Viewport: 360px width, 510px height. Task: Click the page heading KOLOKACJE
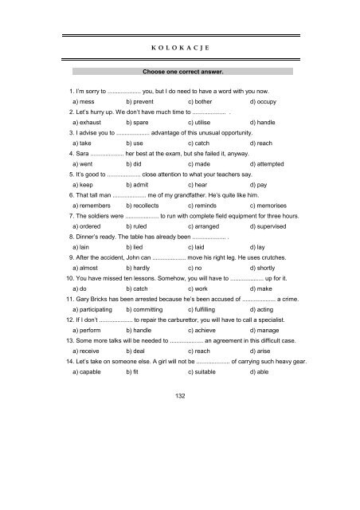179,46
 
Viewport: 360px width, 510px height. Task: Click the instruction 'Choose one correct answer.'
179,72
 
